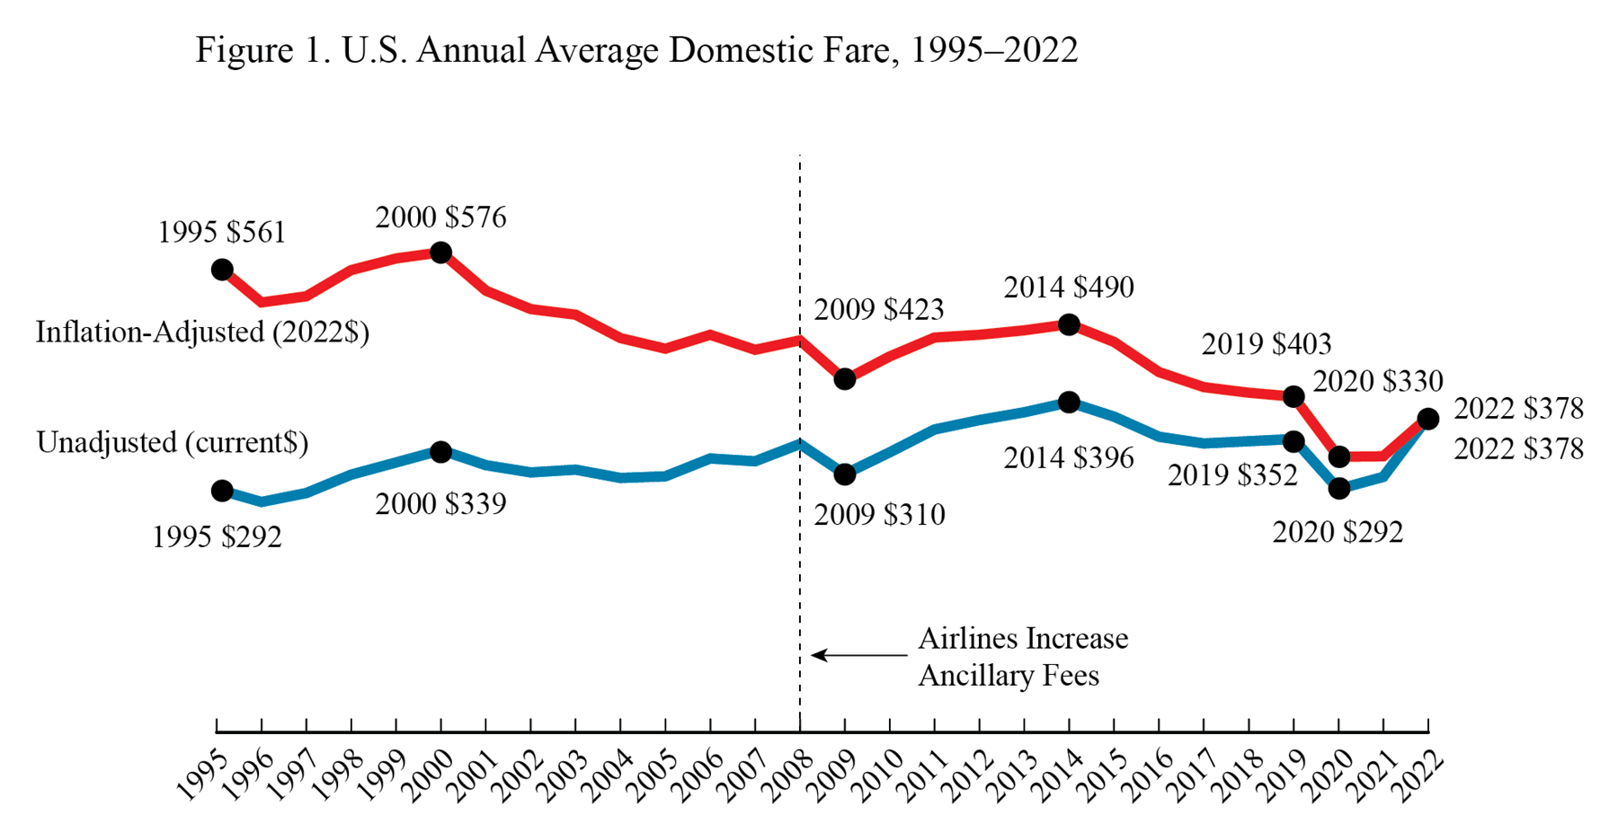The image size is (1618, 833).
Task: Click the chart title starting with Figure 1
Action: click(x=636, y=50)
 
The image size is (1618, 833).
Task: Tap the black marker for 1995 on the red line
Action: click(x=222, y=270)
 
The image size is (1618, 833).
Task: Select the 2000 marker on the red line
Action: click(x=440, y=253)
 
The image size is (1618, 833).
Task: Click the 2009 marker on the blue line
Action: click(x=844, y=474)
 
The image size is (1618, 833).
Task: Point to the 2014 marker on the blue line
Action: click(x=1069, y=403)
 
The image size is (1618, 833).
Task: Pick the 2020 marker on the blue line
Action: click(x=1338, y=489)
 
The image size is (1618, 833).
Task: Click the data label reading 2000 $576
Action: click(x=440, y=217)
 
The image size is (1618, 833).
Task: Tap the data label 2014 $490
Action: click(x=1069, y=288)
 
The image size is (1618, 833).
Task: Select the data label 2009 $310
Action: click(x=879, y=515)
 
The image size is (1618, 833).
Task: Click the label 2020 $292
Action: click(x=1338, y=533)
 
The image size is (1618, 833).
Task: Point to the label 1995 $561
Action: click(x=221, y=233)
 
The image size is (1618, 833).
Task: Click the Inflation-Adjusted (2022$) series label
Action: click(x=202, y=332)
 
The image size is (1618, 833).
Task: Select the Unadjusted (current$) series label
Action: click(x=172, y=443)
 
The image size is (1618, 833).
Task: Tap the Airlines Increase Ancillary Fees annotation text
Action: click(x=1022, y=657)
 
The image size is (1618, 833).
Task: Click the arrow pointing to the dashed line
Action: click(x=858, y=655)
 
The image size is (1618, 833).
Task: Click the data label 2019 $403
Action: click(x=1267, y=344)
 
